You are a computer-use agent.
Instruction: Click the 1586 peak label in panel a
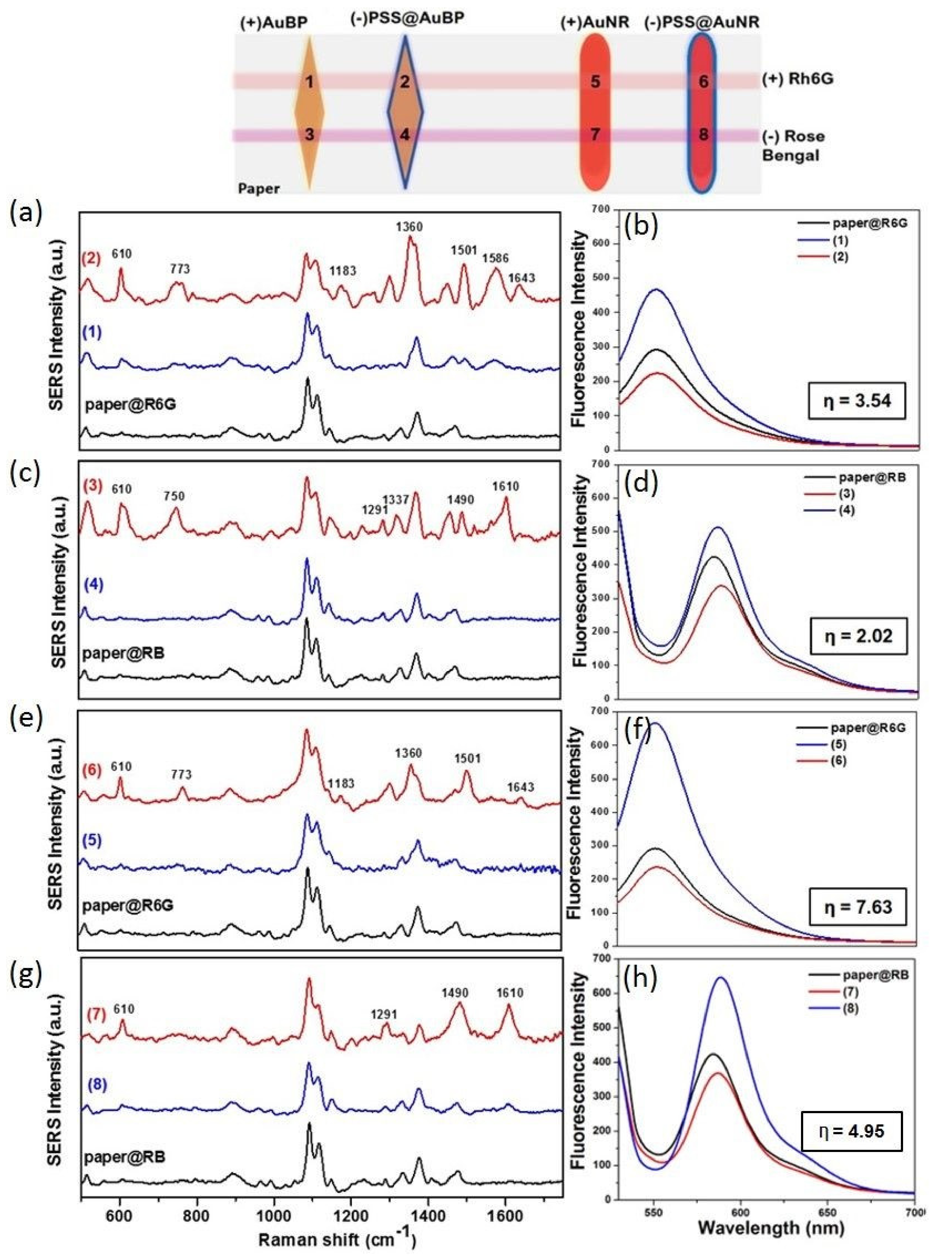(496, 258)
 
